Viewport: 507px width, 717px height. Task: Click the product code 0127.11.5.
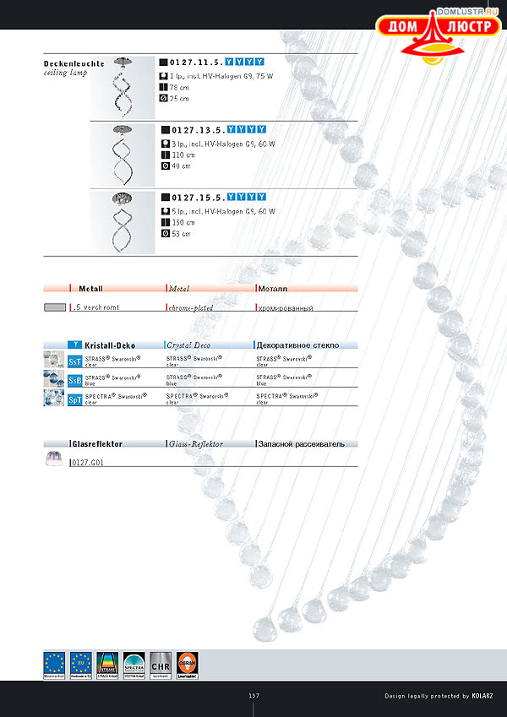(197, 62)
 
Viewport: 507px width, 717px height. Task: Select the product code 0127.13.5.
(197, 131)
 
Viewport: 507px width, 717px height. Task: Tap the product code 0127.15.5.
(197, 197)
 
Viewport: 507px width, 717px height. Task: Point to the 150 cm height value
(181, 223)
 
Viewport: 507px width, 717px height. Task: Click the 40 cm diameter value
(181, 166)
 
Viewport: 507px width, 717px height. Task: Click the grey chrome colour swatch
(55, 308)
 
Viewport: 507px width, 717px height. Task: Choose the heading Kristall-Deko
(110, 345)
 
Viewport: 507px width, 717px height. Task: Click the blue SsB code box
(75, 379)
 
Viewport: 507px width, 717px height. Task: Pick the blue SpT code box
(75, 398)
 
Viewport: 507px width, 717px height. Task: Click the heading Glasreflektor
(98, 443)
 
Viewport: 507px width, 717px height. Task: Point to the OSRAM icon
(188, 665)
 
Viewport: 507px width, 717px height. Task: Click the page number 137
(253, 696)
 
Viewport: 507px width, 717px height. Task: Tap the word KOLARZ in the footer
(488, 696)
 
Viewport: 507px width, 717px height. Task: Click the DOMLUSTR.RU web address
(470, 13)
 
